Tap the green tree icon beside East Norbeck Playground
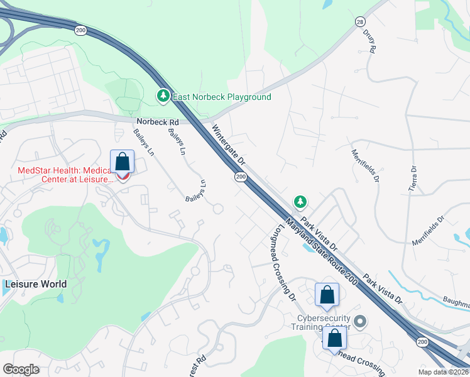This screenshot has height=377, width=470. coord(163,96)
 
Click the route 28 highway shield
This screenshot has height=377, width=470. coord(359,21)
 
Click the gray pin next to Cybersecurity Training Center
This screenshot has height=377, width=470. coord(360,322)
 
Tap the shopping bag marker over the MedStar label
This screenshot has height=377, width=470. coord(123,162)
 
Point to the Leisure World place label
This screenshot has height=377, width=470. coord(35,284)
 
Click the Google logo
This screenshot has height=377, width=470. coord(21,369)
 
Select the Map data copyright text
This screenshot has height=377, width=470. coord(444,372)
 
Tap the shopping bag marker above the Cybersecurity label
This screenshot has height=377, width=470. coord(327,295)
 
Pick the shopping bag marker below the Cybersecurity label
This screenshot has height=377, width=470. coord(335,338)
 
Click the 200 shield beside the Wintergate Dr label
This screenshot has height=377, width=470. coord(241,177)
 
